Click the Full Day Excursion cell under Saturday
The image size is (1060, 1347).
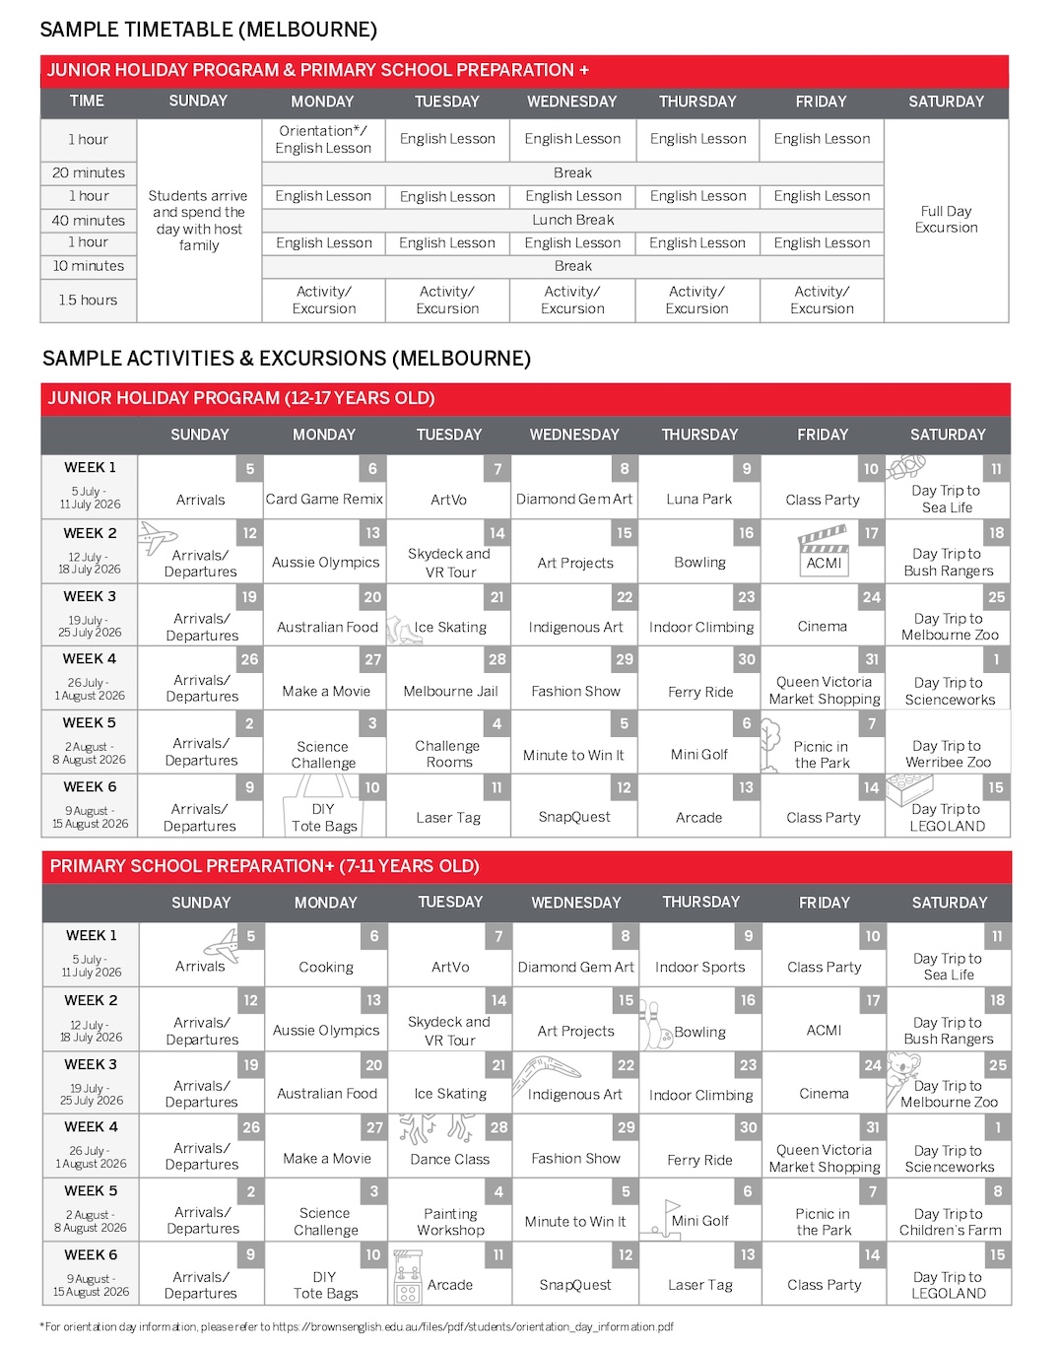pyautogui.click(x=946, y=219)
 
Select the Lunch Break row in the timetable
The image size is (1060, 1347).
pyautogui.click(x=572, y=220)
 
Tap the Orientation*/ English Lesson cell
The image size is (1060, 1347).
pyautogui.click(x=323, y=139)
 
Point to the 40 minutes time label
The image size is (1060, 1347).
pyautogui.click(x=89, y=220)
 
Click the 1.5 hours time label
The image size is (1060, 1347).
pyautogui.click(x=89, y=300)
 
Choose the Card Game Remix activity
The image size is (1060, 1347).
pyautogui.click(x=324, y=499)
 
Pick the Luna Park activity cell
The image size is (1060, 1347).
pyautogui.click(x=698, y=499)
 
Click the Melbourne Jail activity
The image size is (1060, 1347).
pyautogui.click(x=449, y=691)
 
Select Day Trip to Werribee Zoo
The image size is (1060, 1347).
pyautogui.click(x=947, y=754)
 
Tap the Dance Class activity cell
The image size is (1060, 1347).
pyautogui.click(x=449, y=1159)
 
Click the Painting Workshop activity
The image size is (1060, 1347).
pyautogui.click(x=450, y=1222)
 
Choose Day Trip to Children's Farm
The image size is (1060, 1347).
pyautogui.click(x=950, y=1222)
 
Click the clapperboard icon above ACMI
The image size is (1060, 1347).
pyautogui.click(x=824, y=539)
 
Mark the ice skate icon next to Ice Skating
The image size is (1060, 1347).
pyautogui.click(x=401, y=629)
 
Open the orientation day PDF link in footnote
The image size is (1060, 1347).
pyautogui.click(x=473, y=1326)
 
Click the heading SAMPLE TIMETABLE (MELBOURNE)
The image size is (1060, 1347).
pyautogui.click(x=208, y=30)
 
